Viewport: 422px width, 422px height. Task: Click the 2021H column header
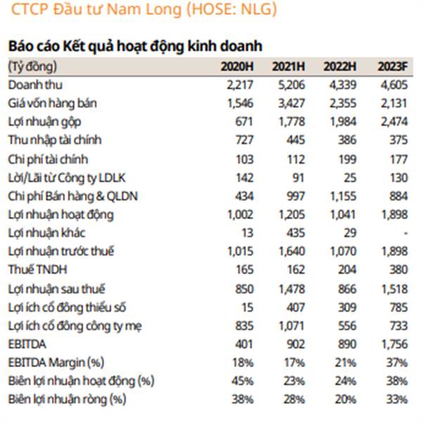click(x=288, y=67)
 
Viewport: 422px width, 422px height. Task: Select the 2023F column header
click(x=392, y=67)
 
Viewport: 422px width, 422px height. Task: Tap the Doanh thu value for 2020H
click(x=240, y=85)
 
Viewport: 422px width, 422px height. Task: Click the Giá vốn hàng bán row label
click(x=52, y=103)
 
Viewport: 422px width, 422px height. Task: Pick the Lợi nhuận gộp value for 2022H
click(x=343, y=122)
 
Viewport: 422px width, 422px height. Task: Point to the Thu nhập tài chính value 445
click(x=295, y=140)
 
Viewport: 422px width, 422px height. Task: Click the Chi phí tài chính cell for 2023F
click(x=399, y=160)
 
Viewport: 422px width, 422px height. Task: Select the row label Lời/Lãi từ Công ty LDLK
click(x=67, y=178)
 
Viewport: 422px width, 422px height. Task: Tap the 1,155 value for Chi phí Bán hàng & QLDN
click(x=343, y=196)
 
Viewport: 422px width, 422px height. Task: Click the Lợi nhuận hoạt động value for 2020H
click(x=241, y=215)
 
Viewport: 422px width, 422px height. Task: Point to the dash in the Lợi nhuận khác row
click(x=406, y=233)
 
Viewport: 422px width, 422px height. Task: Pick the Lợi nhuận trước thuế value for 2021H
click(x=292, y=251)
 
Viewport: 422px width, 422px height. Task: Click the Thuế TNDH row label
click(x=37, y=269)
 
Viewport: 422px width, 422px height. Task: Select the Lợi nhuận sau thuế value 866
click(x=347, y=289)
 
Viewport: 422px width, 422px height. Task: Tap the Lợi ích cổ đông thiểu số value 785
click(x=399, y=307)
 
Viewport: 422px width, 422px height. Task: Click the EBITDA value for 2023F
click(x=395, y=344)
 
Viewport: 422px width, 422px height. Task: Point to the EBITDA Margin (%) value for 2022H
click(x=345, y=363)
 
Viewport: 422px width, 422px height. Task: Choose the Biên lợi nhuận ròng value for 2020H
click(x=243, y=399)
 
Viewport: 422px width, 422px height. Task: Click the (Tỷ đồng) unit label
click(x=32, y=67)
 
